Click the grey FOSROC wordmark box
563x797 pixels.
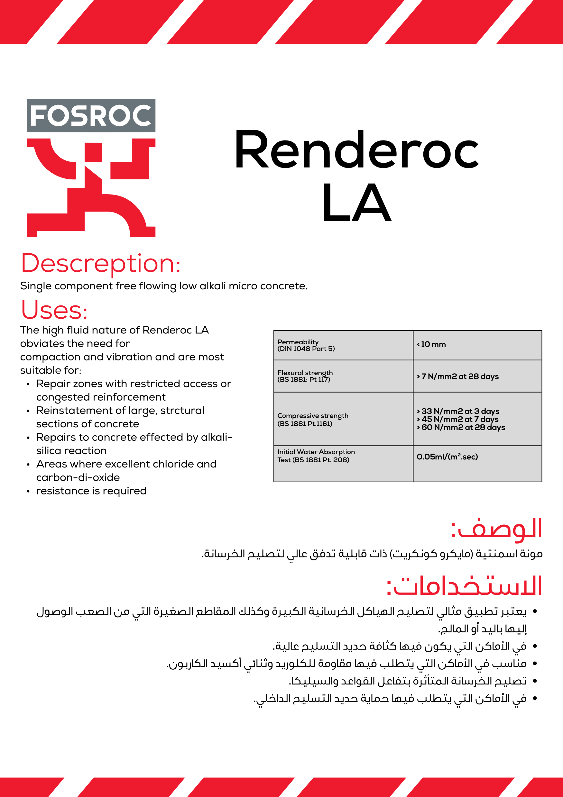(91, 116)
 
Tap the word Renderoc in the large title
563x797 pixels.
(356, 149)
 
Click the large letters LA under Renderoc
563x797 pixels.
(357, 203)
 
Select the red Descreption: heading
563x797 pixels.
(101, 263)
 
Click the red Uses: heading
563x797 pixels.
(54, 310)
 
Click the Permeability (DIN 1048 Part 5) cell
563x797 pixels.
(306, 345)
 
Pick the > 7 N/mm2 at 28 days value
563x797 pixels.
(457, 376)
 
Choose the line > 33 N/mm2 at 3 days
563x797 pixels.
(458, 411)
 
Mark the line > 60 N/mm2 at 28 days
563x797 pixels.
(461, 427)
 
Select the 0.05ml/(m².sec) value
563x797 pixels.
(447, 457)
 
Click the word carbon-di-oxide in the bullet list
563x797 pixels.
(78, 478)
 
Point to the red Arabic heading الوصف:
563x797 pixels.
(496, 529)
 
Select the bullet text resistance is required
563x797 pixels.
(91, 491)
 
